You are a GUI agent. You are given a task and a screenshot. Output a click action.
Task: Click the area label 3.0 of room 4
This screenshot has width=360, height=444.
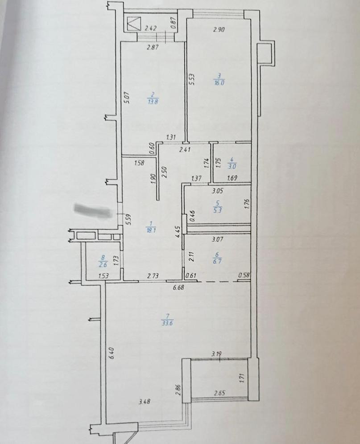[232, 166]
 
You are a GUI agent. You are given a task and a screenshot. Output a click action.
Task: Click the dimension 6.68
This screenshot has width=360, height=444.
[179, 288]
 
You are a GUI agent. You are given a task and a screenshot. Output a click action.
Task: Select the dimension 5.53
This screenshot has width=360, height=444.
[191, 79]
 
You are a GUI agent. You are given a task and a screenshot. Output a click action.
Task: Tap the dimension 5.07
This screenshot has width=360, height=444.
[127, 98]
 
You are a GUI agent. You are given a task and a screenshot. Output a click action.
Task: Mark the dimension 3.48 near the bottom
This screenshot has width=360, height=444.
[144, 402]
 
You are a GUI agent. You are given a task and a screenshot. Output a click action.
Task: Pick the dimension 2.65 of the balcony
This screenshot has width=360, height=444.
[219, 393]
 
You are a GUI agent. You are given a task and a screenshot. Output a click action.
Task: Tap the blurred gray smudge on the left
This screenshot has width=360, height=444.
[93, 210]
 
